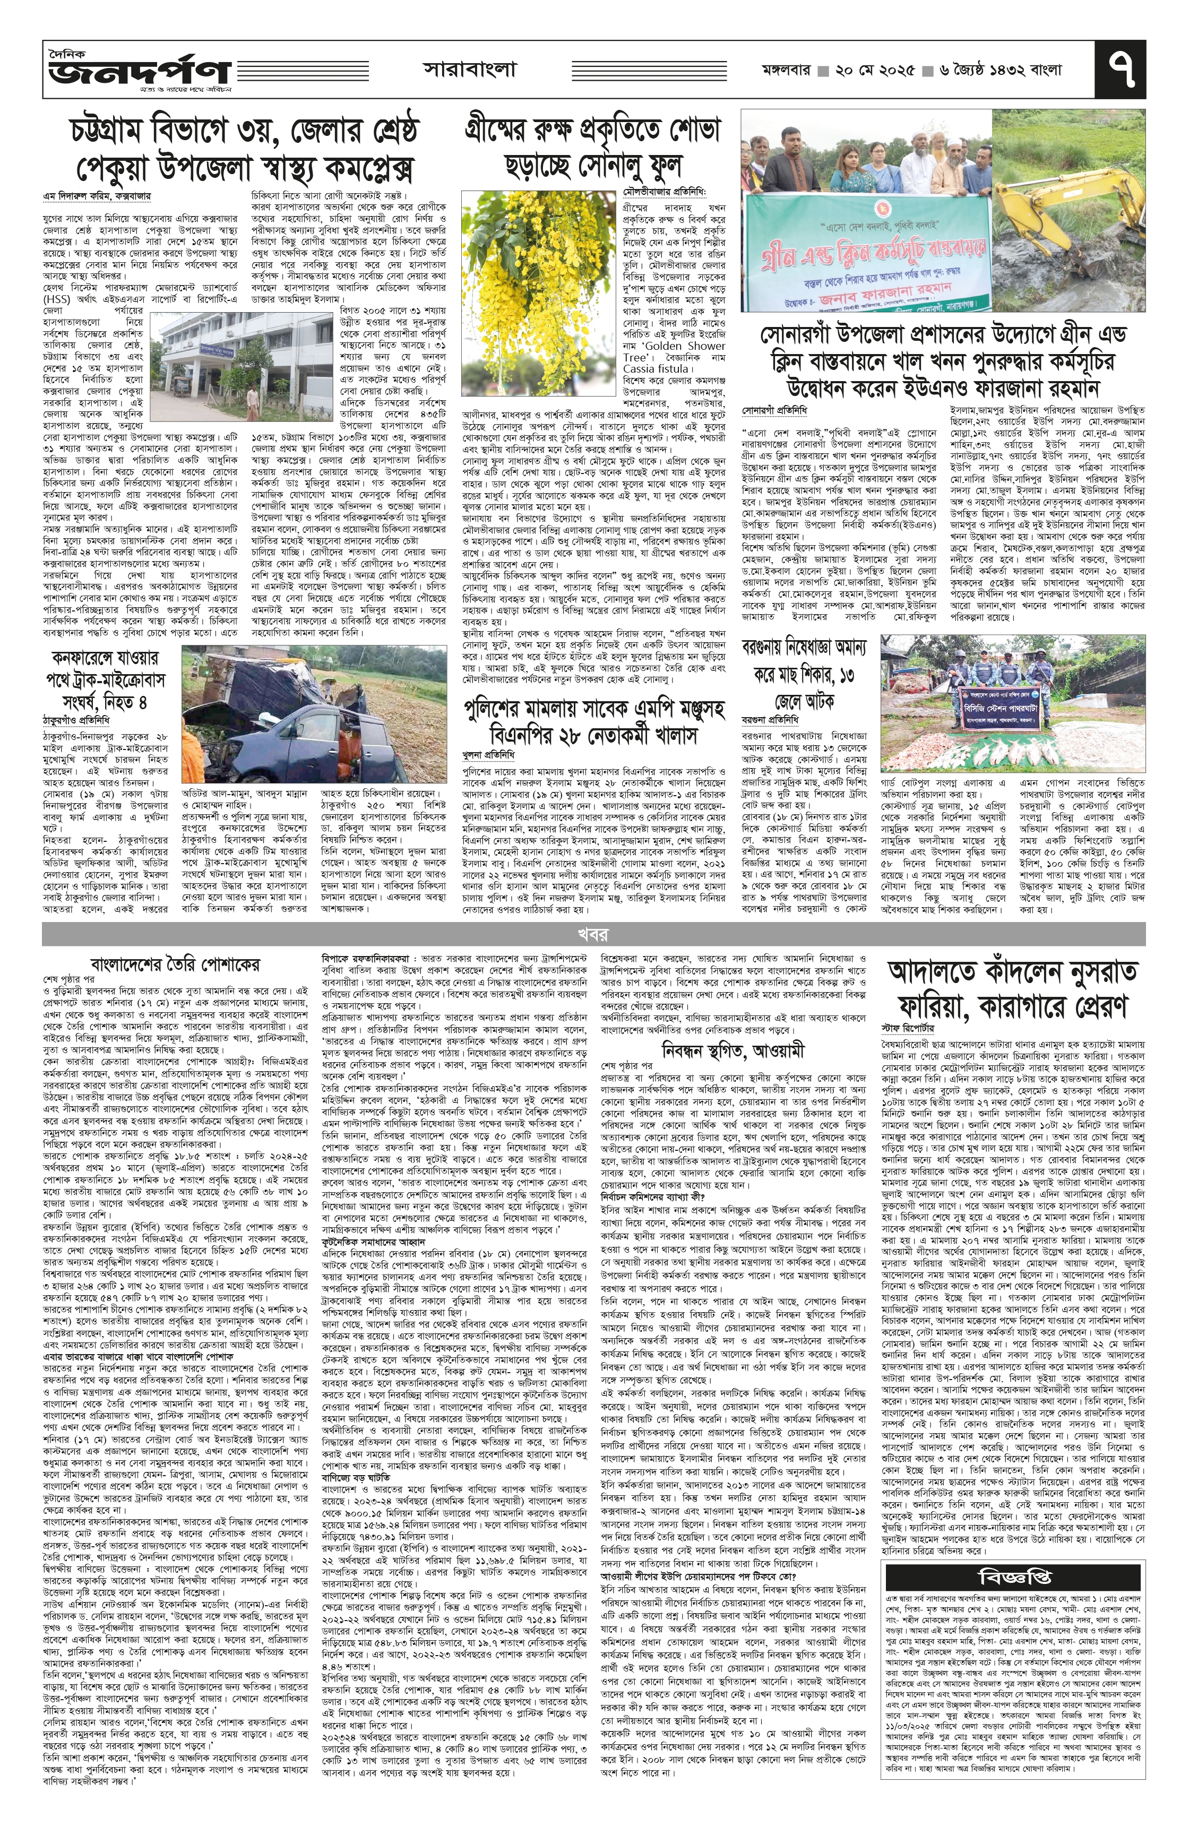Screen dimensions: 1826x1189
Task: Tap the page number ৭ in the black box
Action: pos(1121,71)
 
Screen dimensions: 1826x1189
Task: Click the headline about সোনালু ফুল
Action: pos(592,147)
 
